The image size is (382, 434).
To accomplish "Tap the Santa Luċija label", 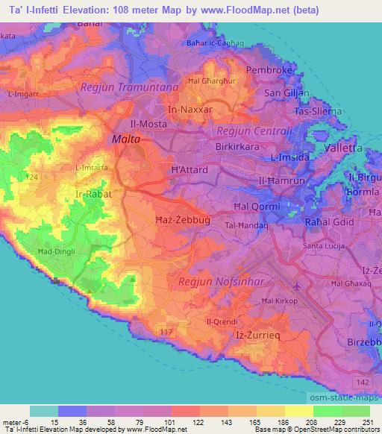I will click(324, 245).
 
